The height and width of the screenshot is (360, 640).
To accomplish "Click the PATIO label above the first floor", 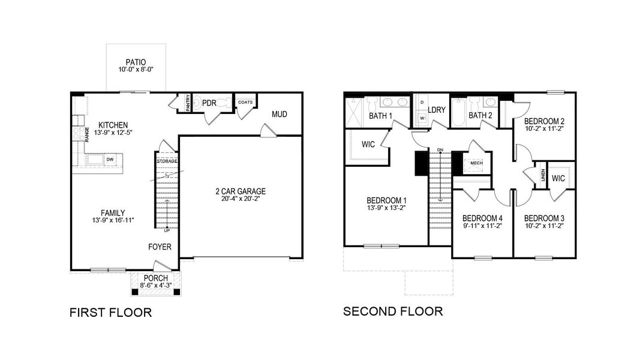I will coord(136,62).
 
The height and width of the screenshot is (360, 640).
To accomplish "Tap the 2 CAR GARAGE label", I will coord(240,191).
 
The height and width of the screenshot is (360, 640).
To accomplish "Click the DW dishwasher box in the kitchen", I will coord(110,159).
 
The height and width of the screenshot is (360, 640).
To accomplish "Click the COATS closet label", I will coord(245,102).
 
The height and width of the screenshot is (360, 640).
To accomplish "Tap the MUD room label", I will coord(280,114).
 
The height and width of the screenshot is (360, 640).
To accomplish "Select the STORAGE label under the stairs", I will coord(167,161).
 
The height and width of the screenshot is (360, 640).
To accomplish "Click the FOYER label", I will coord(160,247).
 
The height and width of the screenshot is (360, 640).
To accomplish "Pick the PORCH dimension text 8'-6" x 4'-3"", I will coord(155,286).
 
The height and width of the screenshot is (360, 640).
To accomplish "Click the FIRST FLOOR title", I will coord(110,313).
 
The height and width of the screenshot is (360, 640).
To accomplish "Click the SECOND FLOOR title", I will coord(393,311).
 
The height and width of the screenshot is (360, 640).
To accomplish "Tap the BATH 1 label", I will coord(380,116).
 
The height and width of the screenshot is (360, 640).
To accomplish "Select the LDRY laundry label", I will coord(437,110).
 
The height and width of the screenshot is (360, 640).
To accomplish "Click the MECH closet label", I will coord(476,163).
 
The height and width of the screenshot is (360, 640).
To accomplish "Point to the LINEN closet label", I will coord(543,176).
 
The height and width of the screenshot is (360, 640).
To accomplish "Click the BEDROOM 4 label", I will coord(482,218).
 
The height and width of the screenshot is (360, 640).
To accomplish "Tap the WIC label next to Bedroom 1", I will coord(368,145).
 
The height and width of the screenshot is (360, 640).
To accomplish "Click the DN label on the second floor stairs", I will coord(440,149).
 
